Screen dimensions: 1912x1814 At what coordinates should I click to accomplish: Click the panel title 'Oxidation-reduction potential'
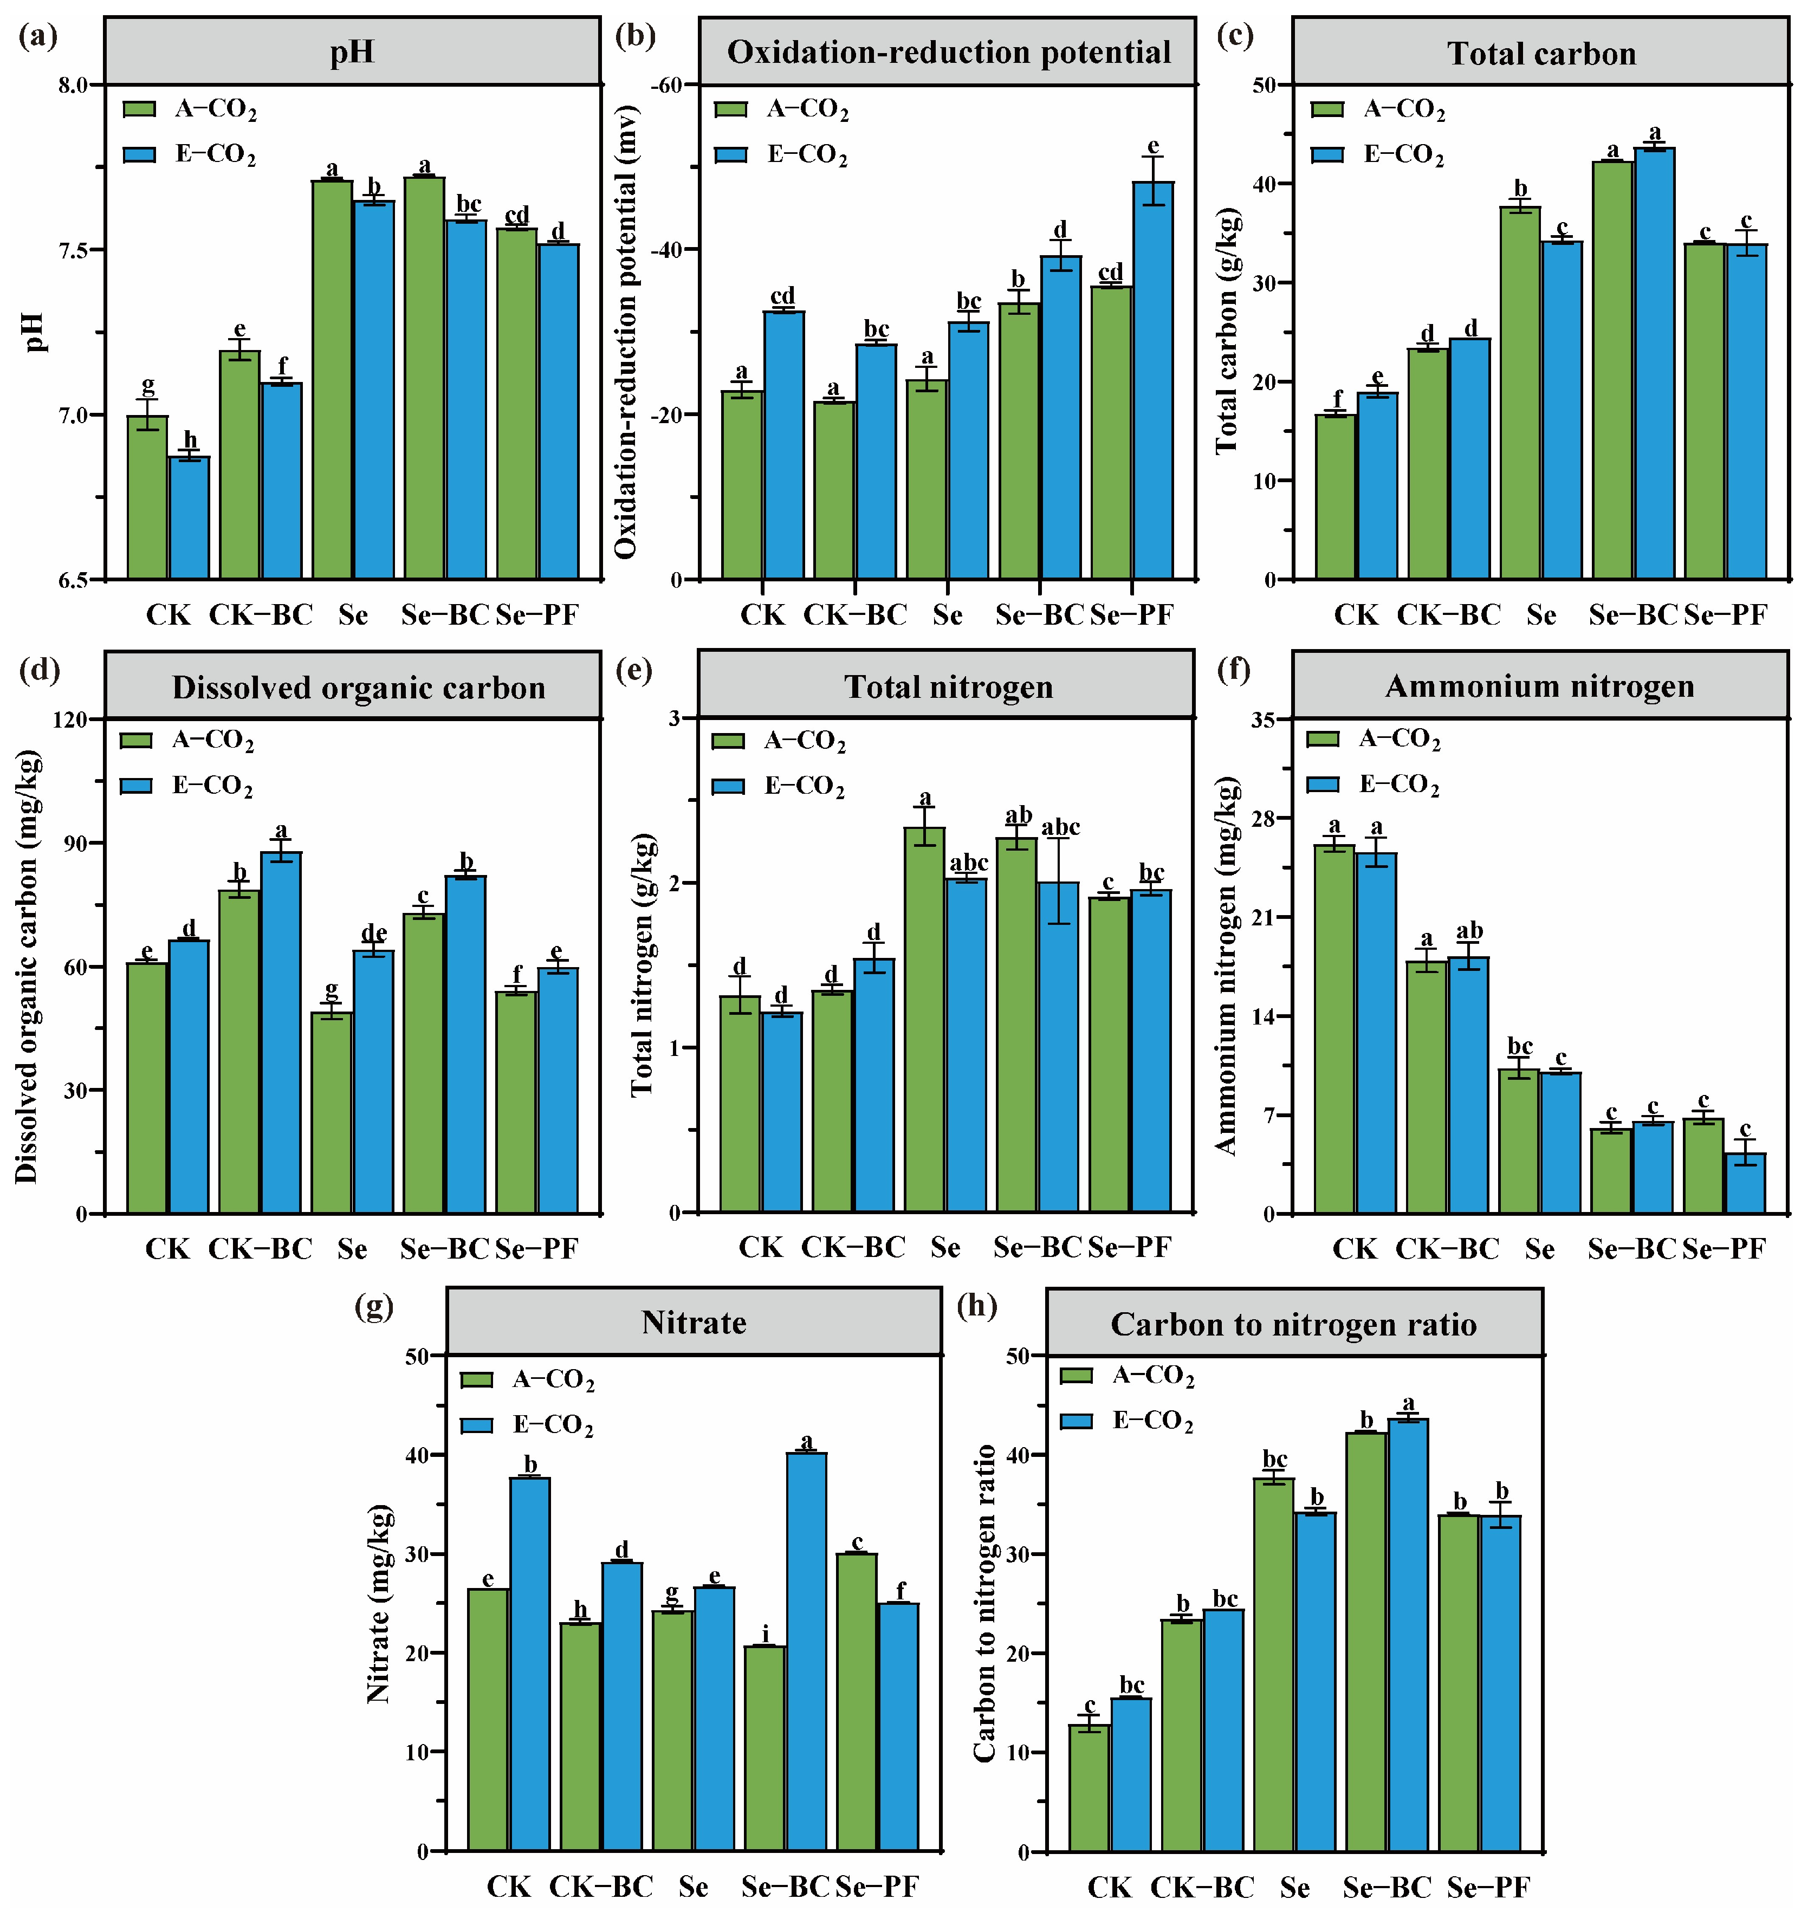[949, 52]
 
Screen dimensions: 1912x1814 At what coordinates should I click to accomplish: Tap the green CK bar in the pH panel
[148, 497]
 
